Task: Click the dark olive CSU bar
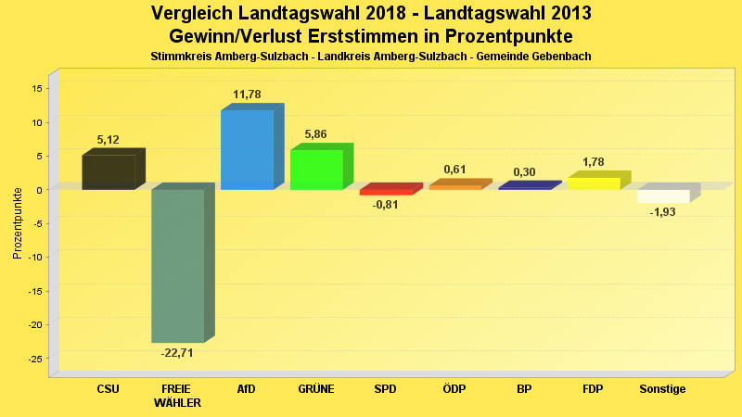point(109,171)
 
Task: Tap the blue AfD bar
point(247,149)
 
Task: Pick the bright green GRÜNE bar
point(316,170)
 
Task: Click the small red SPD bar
point(386,192)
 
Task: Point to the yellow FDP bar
point(594,183)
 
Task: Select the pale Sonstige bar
point(663,196)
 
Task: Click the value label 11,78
point(247,95)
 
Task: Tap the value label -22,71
point(177,353)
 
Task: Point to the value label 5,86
point(316,134)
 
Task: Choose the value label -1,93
point(663,213)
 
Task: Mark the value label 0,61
point(454,170)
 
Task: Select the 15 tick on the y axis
point(37,88)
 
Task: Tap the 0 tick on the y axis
point(40,189)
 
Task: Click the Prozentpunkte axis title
point(18,222)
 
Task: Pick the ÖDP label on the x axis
point(454,389)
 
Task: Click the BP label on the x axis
point(524,389)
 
